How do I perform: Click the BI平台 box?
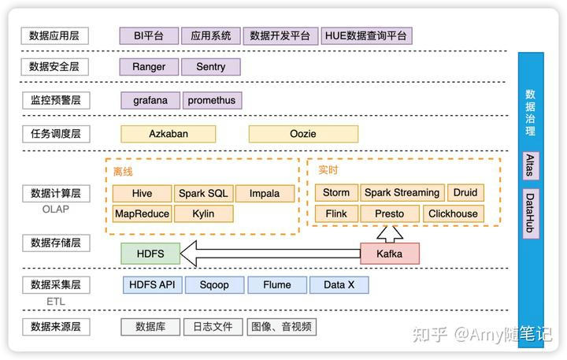[149, 35]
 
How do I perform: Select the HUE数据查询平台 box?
[366, 35]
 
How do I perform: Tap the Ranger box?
[149, 67]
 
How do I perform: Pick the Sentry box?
[210, 67]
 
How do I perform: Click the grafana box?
[150, 100]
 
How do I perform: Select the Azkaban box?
[169, 133]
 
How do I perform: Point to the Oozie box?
[303, 133]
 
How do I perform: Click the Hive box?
[142, 193]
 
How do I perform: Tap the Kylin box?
[203, 213]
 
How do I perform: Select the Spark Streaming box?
[402, 193]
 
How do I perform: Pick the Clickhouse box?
[453, 213]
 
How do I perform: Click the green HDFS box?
[150, 253]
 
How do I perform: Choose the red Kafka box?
[390, 253]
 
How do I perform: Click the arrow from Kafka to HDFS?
[268, 254]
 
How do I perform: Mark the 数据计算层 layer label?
[55, 193]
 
